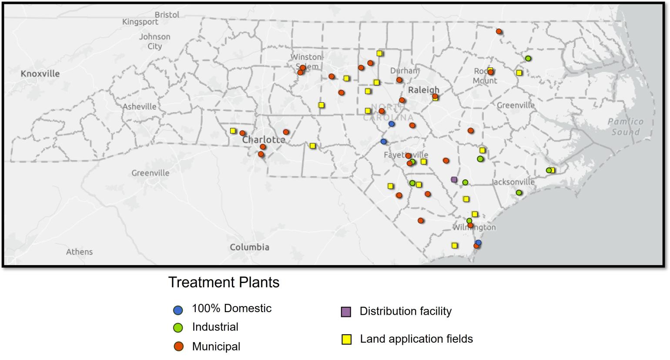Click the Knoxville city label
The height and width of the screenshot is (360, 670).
(40, 74)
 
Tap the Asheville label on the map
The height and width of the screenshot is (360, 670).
(139, 106)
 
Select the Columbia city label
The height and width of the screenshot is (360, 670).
(249, 247)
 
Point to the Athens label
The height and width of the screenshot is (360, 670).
(79, 252)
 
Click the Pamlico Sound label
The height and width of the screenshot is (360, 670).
(625, 127)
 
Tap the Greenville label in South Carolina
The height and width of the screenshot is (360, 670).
(150, 173)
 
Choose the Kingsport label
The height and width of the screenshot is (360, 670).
(140, 22)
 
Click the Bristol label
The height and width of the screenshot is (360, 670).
(167, 15)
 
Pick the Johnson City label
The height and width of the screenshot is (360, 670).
(154, 41)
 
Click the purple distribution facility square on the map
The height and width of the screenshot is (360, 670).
(454, 179)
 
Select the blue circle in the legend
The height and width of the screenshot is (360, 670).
(178, 310)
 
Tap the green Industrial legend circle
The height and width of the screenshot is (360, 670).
(178, 328)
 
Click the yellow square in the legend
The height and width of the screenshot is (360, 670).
(346, 340)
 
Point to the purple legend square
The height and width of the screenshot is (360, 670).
(346, 312)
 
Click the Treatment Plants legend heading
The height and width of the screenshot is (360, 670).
(224, 282)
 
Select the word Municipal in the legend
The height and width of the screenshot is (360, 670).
(216, 347)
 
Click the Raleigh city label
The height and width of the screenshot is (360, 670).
(423, 90)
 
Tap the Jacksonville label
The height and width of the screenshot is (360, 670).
(514, 182)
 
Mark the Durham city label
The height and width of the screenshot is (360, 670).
(404, 71)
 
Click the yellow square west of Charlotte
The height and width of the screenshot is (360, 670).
(233, 131)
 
